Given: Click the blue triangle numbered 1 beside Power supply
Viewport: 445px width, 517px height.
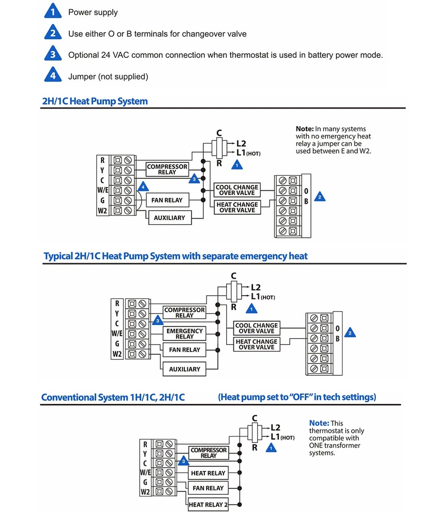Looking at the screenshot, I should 52,12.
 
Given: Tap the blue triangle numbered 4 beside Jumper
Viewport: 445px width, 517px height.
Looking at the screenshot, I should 52,76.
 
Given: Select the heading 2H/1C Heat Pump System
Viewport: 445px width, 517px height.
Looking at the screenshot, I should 95,101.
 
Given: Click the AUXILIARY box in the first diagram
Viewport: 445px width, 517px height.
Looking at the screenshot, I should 169,218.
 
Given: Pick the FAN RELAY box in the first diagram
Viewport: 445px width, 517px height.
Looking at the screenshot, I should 167,200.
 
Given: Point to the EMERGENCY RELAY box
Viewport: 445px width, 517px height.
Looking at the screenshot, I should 184,333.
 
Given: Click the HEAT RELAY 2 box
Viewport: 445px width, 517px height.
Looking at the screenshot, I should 208,505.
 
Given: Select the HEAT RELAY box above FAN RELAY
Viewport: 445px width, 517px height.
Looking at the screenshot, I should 208,473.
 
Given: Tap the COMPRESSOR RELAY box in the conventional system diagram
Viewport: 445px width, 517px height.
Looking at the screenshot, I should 209,453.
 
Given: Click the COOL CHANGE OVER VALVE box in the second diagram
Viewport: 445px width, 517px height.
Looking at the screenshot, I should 257,328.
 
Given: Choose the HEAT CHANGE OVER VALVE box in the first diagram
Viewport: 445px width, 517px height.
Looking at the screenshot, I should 238,207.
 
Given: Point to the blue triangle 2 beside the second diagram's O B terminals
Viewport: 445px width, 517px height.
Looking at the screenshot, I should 350,333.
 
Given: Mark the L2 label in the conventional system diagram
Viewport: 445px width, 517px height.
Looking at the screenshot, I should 275,428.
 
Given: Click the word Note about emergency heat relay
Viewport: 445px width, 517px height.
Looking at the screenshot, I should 304,129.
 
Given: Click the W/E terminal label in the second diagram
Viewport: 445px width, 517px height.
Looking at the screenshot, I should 117,333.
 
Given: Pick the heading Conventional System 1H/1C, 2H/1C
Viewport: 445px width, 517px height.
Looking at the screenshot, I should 113,397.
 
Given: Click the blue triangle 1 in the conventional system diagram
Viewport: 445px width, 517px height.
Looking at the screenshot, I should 270,448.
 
